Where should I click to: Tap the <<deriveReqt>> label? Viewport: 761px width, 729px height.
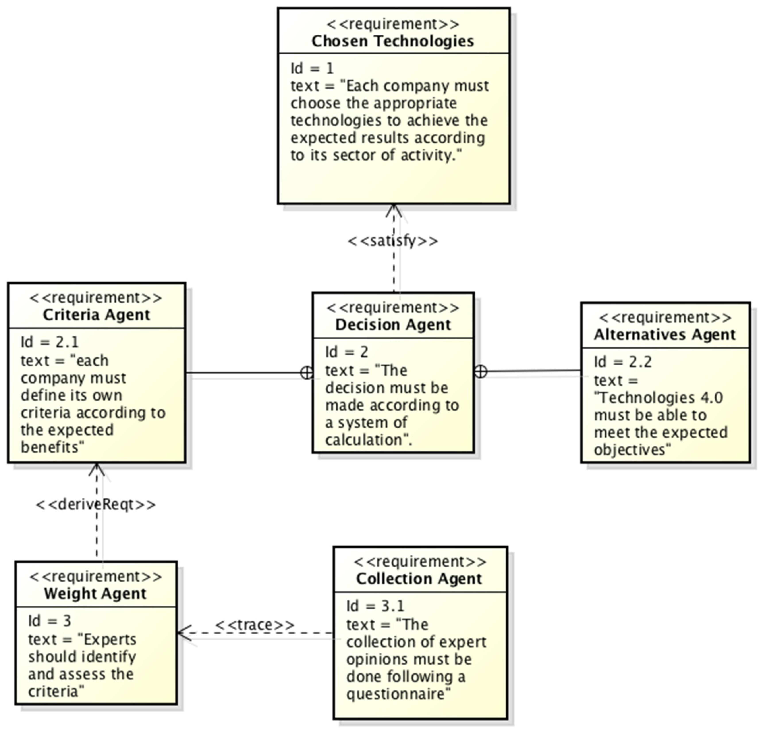(x=96, y=505)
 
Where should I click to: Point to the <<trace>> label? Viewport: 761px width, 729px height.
(x=255, y=625)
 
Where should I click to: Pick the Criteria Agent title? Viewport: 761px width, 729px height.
(x=96, y=315)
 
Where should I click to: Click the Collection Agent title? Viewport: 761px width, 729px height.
(x=419, y=579)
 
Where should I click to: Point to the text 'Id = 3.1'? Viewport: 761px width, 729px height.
(x=375, y=606)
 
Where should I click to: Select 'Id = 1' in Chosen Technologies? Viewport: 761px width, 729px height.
(x=312, y=69)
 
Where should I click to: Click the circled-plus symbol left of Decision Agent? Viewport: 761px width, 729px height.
(x=307, y=373)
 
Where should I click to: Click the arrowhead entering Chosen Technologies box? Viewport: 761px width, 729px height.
(x=394, y=210)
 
